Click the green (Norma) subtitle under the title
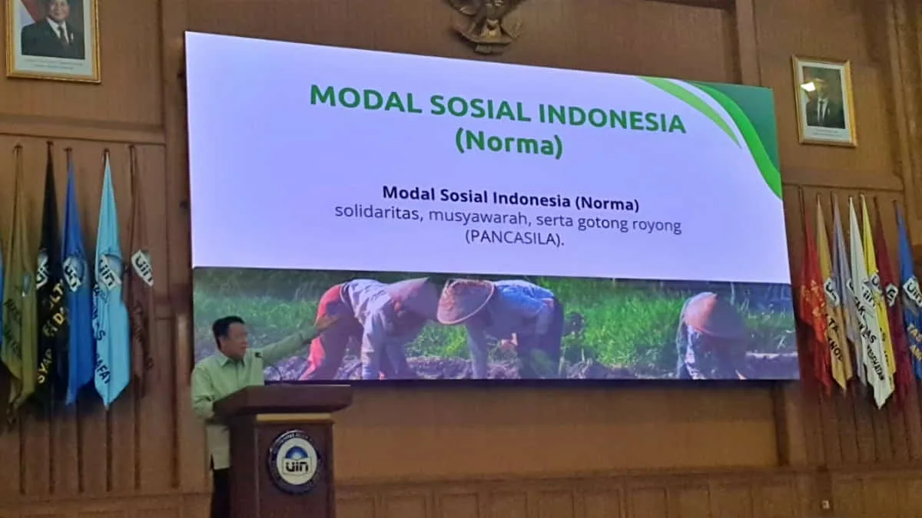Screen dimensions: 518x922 [x=508, y=144]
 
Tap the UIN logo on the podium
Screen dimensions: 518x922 [x=294, y=460]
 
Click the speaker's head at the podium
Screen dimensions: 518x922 [x=229, y=335]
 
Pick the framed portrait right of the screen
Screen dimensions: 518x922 [x=824, y=101]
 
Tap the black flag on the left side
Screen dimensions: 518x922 [x=51, y=276]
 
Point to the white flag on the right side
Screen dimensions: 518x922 [x=868, y=307]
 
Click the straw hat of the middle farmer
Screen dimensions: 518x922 [x=464, y=300]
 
